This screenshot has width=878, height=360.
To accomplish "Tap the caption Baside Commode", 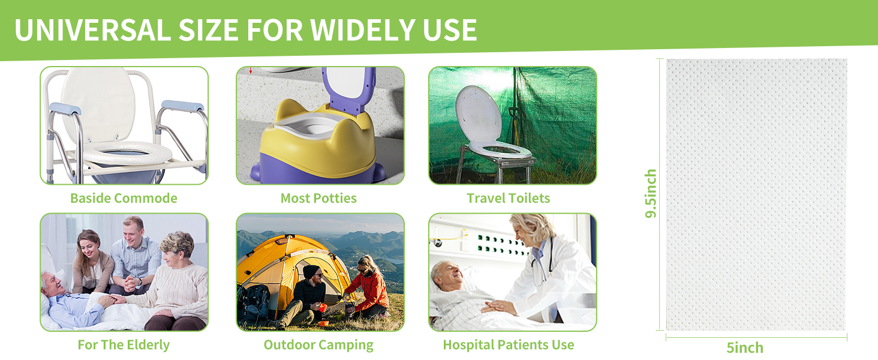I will click(124, 198).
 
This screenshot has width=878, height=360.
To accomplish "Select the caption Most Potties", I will click(318, 198).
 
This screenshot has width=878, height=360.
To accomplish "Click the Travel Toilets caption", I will click(508, 198).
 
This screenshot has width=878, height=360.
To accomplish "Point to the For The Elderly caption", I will click(124, 345).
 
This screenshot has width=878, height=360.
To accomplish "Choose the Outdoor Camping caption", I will click(318, 345).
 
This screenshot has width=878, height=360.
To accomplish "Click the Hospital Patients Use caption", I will click(508, 345).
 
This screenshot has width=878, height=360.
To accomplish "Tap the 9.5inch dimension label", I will click(651, 194).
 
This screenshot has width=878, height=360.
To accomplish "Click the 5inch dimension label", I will click(745, 347).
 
